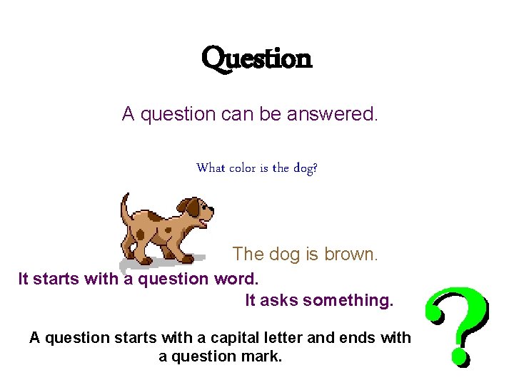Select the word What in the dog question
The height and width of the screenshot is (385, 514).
pyautogui.click(x=211, y=168)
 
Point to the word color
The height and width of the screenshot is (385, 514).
pyautogui.click(x=243, y=168)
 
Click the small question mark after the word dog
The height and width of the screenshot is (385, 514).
pyautogui.click(x=316, y=169)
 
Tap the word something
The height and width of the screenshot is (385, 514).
pyautogui.click(x=348, y=301)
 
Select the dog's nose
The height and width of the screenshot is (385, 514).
pyautogui.click(x=211, y=208)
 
